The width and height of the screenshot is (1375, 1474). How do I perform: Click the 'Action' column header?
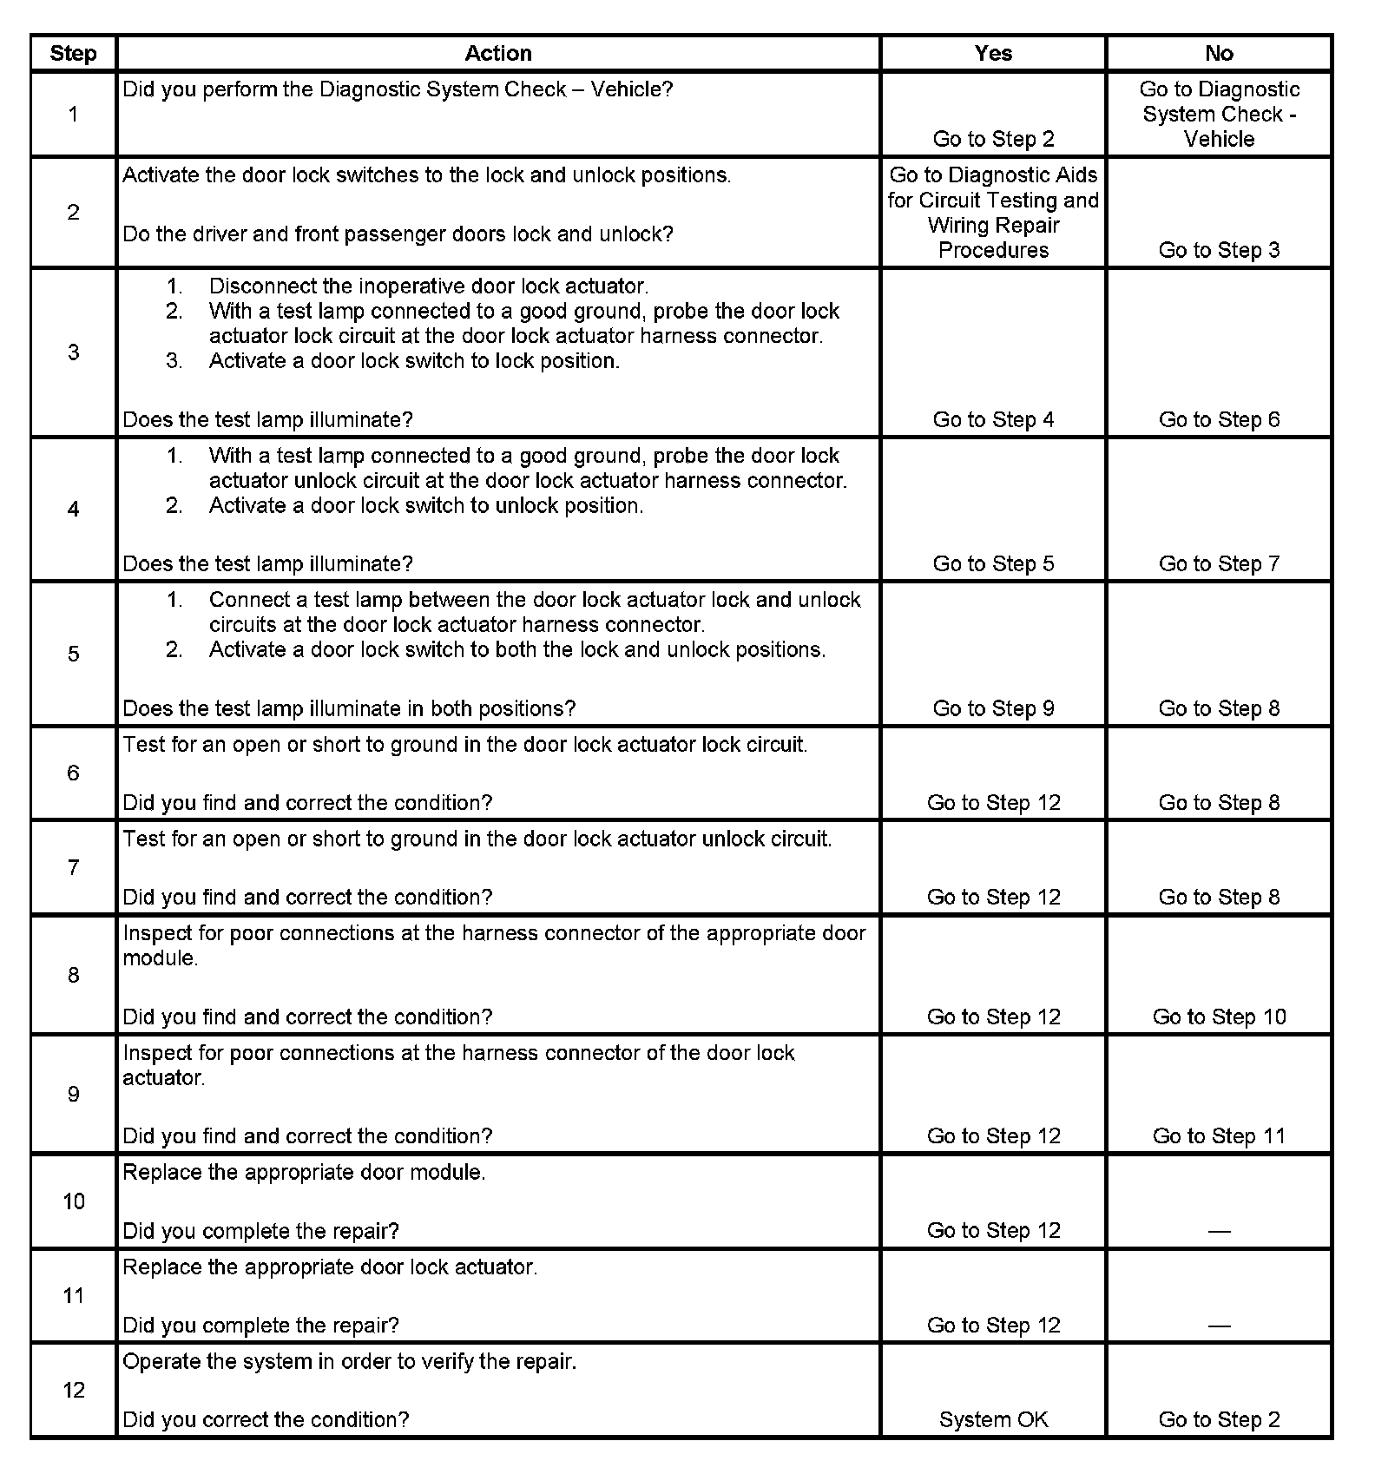tap(497, 53)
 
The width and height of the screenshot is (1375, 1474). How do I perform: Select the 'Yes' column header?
tap(993, 53)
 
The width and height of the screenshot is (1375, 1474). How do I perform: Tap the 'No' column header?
tap(1219, 53)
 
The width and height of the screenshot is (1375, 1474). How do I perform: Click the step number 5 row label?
tap(74, 654)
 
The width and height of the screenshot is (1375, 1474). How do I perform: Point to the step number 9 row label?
tap(74, 1094)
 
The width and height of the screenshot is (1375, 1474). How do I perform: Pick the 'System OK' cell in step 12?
tap(993, 1419)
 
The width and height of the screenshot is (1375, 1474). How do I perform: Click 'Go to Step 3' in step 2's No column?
tap(1219, 250)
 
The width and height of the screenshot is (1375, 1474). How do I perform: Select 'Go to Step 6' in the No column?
tap(1219, 419)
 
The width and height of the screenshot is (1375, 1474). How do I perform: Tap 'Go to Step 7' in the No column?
tap(1219, 563)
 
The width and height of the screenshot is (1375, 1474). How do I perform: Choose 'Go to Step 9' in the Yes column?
tap(993, 708)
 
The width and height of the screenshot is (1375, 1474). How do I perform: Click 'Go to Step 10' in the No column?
tap(1219, 1017)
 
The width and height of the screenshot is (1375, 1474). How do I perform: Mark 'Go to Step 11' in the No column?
tap(1219, 1135)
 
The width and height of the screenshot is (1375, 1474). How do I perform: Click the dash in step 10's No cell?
tap(1219, 1231)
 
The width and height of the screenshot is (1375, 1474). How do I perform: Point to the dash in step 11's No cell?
tap(1219, 1326)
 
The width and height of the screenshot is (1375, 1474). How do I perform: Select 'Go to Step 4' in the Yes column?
tap(993, 419)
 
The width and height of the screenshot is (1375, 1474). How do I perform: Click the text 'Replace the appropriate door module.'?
tap(304, 1172)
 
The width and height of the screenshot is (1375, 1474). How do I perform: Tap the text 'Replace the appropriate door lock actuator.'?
tap(330, 1267)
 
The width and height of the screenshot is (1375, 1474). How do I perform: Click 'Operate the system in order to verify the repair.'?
tap(349, 1361)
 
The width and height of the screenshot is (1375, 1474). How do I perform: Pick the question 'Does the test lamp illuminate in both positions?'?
tap(349, 708)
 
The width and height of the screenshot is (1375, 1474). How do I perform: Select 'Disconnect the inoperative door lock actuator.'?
tap(429, 286)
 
